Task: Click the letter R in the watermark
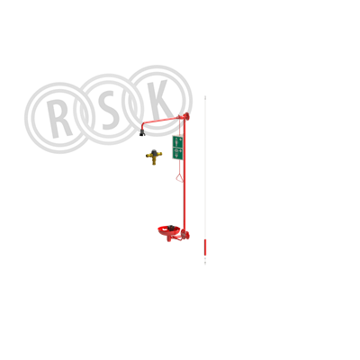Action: [x=60, y=119]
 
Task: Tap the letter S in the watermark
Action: [x=109, y=110]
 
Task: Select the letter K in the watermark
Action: [x=160, y=101]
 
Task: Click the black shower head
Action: [x=142, y=132]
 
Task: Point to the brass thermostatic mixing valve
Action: [x=154, y=157]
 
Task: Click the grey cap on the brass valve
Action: [x=154, y=151]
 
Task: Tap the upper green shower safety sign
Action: [x=177, y=141]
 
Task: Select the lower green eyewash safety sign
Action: [x=177, y=153]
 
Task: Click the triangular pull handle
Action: [x=179, y=177]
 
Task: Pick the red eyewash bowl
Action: [x=169, y=231]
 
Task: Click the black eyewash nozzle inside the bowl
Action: [x=171, y=228]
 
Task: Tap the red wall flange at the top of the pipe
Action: [x=187, y=116]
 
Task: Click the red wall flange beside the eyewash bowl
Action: [x=187, y=236]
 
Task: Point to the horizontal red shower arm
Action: [x=160, y=120]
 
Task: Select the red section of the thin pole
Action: [x=205, y=246]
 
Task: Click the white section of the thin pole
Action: [x=205, y=168]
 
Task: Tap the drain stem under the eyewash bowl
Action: [x=169, y=238]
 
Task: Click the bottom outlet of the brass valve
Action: [x=154, y=163]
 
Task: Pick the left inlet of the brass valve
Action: [x=148, y=156]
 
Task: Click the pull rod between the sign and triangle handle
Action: [x=179, y=166]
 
